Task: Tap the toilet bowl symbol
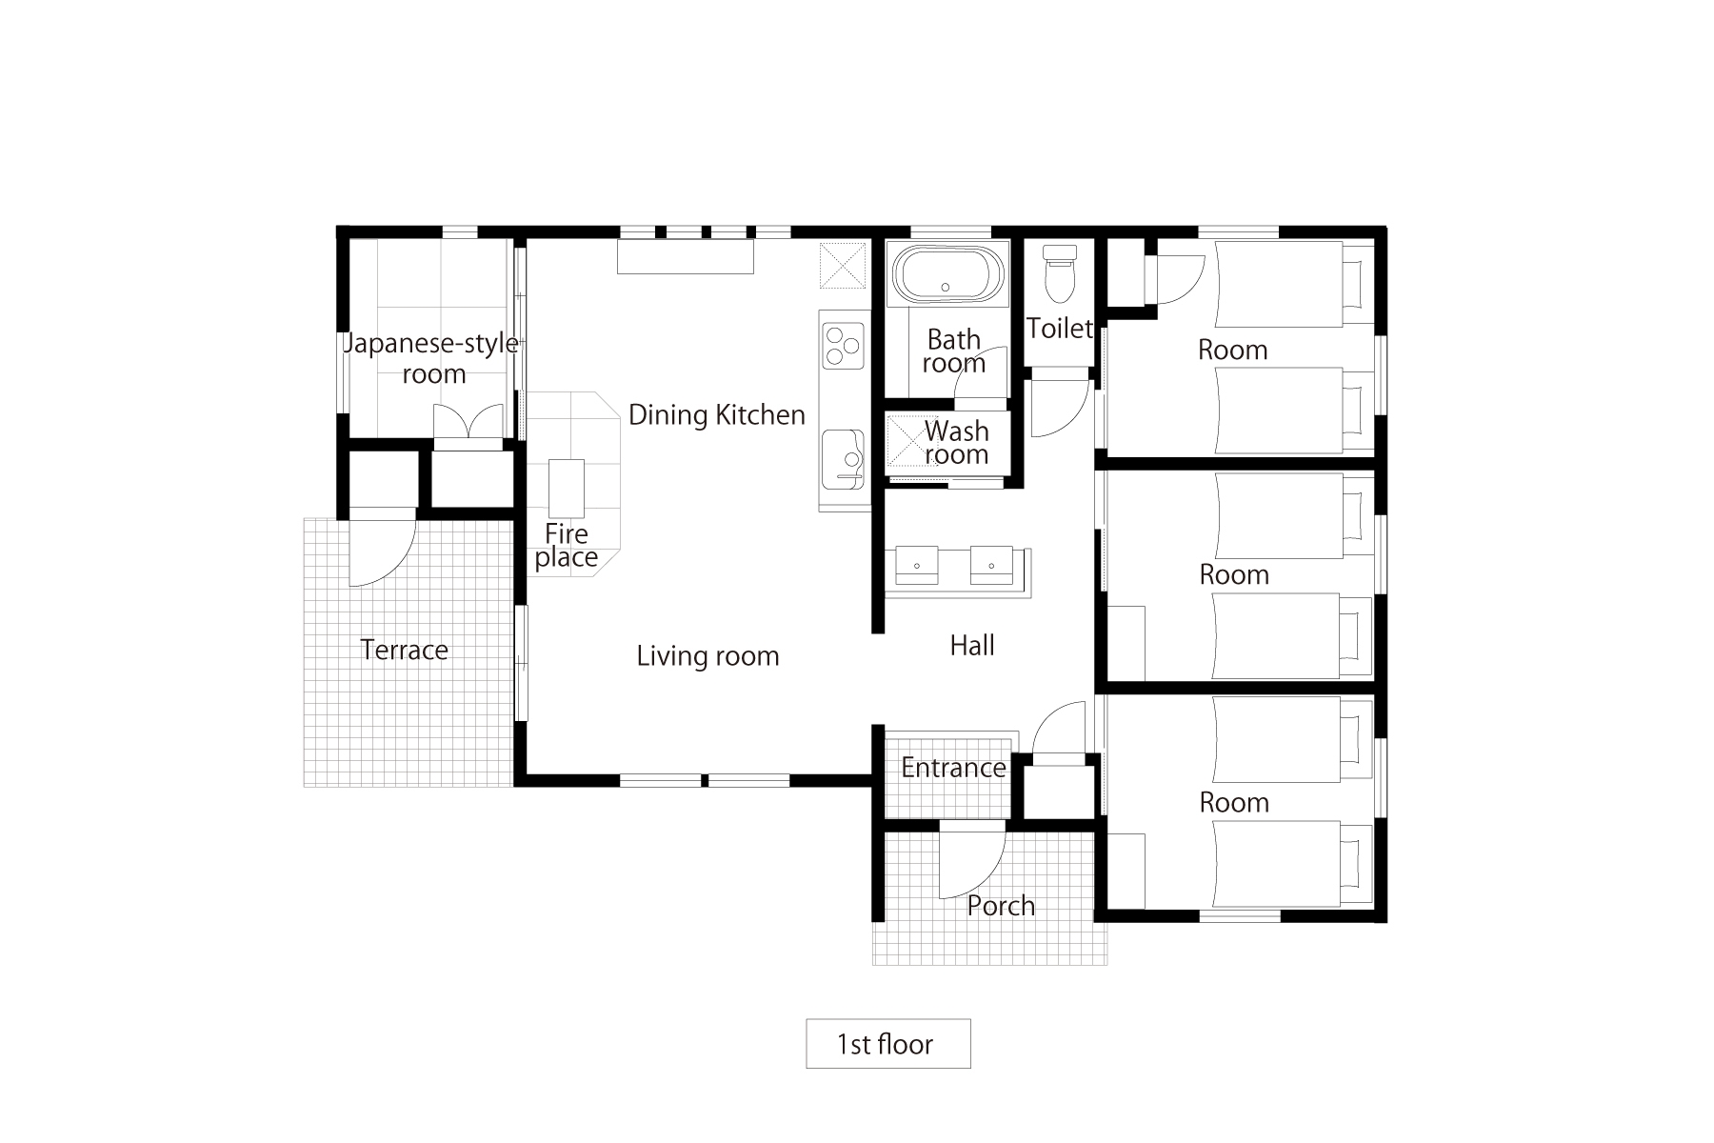click(1059, 271)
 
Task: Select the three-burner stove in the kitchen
click(844, 346)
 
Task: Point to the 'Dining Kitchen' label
click(717, 414)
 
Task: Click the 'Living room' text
click(708, 655)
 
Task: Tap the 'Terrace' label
click(405, 650)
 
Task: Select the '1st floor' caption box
click(888, 1044)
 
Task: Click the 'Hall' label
click(972, 645)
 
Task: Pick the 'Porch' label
click(1001, 905)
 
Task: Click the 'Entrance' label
click(953, 767)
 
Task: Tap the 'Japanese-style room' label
click(430, 358)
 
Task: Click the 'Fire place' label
click(567, 545)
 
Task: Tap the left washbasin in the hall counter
click(917, 565)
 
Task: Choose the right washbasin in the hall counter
click(991, 565)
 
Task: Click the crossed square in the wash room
click(907, 443)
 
